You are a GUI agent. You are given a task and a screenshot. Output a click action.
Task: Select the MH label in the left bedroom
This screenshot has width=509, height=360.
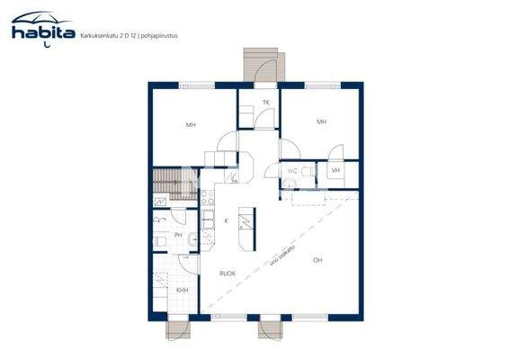click(191, 125)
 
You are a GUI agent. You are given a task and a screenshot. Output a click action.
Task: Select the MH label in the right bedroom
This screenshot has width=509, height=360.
click(320, 121)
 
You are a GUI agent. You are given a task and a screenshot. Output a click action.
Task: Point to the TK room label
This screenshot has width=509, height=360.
click(266, 103)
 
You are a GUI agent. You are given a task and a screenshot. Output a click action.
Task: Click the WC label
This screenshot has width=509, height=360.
click(292, 171)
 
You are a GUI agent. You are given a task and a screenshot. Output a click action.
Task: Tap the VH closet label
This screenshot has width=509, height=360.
click(335, 171)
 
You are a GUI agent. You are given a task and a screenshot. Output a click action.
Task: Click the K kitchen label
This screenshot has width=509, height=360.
click(226, 220)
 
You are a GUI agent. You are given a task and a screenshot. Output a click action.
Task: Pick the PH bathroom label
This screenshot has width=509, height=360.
click(178, 236)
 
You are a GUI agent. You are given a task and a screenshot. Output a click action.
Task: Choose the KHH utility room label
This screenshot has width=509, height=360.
click(182, 290)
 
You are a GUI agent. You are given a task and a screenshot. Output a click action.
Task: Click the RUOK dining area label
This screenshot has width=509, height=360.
click(228, 273)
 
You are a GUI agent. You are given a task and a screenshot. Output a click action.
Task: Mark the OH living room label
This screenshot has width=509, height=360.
click(317, 261)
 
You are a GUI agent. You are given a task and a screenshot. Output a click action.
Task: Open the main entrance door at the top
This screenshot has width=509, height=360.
click(263, 68)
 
